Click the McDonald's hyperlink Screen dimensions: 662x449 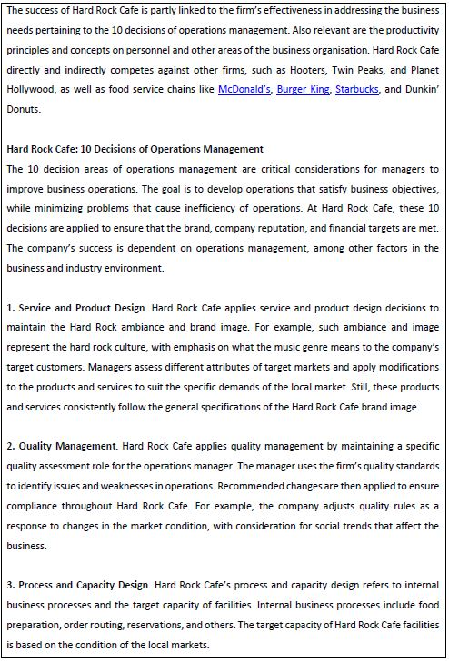(244, 90)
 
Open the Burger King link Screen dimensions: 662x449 (304, 90)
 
